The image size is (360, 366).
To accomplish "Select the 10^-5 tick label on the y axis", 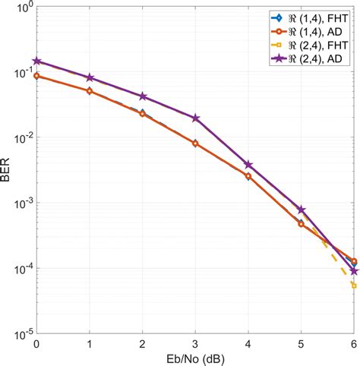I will [x=21, y=333].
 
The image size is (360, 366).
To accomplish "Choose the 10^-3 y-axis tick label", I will [x=21, y=204].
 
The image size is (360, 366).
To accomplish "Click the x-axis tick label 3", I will [x=195, y=344].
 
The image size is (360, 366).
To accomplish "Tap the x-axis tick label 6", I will [x=354, y=344].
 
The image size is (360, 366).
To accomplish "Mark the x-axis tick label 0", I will [x=36, y=344].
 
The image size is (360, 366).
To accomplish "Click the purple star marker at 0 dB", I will [x=36, y=62].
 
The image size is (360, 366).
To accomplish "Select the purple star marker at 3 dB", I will [x=195, y=118].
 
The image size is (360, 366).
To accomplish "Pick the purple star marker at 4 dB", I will [x=248, y=165].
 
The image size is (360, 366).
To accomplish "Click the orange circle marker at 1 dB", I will [x=90, y=91].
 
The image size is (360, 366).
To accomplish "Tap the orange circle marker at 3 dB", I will [x=195, y=143].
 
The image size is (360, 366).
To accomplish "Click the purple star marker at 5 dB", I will [x=302, y=210].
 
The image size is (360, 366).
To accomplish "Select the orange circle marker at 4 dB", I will [x=248, y=176].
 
